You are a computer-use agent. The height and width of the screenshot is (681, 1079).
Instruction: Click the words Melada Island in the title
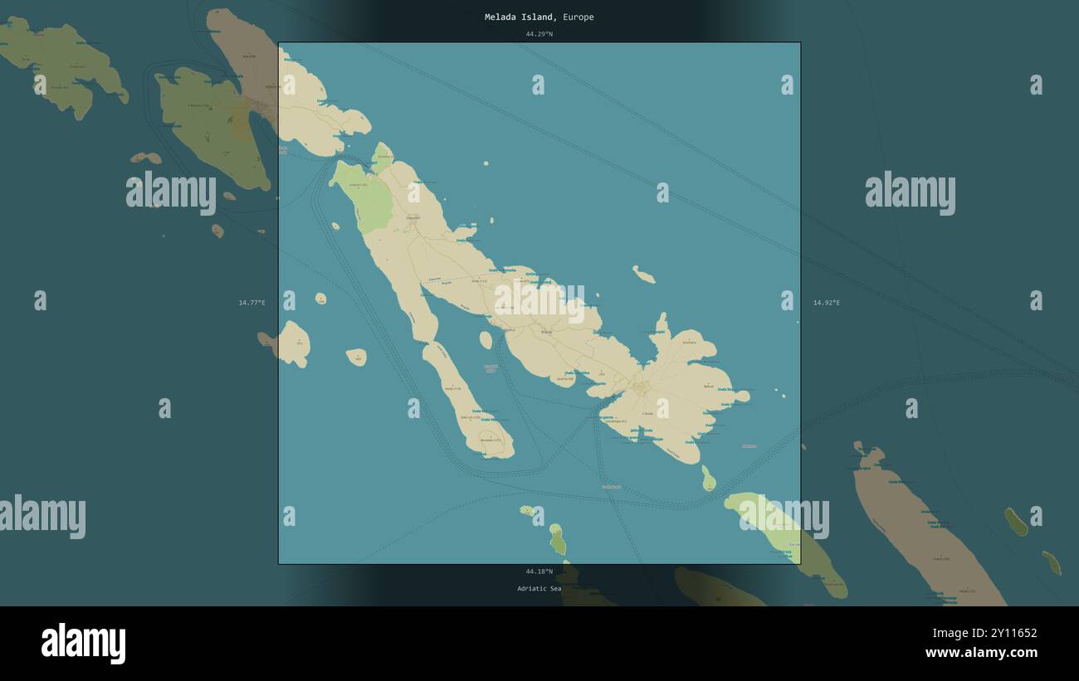[x=520, y=17]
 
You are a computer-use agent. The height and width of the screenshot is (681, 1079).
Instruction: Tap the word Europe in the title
[x=578, y=17]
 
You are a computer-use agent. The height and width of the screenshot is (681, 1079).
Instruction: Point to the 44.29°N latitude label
[x=539, y=34]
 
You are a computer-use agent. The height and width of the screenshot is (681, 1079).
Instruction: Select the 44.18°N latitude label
[x=539, y=572]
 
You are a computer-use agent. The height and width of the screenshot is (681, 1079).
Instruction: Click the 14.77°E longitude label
[x=251, y=303]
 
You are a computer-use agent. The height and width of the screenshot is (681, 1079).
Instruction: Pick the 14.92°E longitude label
[x=826, y=303]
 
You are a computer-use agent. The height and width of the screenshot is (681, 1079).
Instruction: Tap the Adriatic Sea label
[x=539, y=589]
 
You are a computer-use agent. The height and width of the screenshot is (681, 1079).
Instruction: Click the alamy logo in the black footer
[x=83, y=644]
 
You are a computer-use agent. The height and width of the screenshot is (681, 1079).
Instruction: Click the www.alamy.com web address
[x=981, y=653]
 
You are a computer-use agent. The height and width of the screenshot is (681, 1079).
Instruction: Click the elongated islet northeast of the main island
[x=643, y=275]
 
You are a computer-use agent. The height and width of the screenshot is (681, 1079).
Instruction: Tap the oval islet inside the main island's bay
[x=486, y=340]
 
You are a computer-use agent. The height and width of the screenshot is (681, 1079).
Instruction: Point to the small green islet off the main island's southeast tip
[x=708, y=479]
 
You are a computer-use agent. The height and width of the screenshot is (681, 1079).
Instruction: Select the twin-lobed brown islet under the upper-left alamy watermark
[x=146, y=158]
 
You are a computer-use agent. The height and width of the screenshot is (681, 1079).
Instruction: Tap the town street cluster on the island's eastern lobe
[x=640, y=387]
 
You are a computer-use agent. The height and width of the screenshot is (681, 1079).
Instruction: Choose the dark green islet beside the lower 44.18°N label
[x=557, y=540]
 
